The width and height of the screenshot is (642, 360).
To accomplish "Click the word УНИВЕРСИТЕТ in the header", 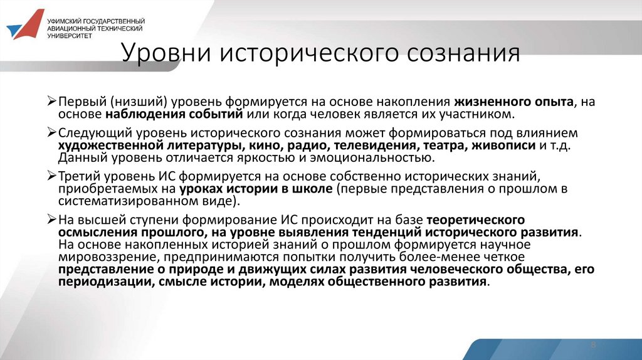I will click(x=69, y=36).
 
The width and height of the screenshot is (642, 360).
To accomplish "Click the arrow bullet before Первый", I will click(x=53, y=102).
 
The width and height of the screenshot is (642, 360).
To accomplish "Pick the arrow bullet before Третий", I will click(x=53, y=176).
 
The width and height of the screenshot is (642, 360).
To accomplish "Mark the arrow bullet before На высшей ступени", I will click(x=53, y=220).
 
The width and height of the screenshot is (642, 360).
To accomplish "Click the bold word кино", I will click(x=253, y=146).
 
